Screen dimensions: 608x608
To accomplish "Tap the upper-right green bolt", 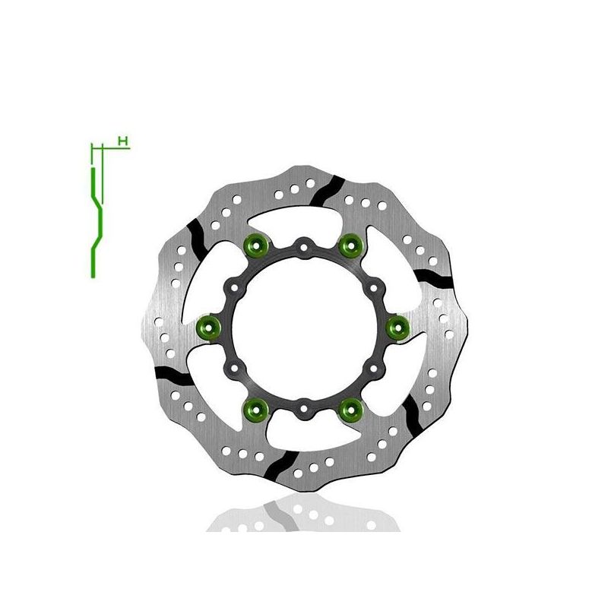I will pos(349,244).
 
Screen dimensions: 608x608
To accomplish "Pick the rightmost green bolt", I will pos(396,328).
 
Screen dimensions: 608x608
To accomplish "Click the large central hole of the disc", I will pos(303,328).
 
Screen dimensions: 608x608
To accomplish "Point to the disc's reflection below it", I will pos(303,509).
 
